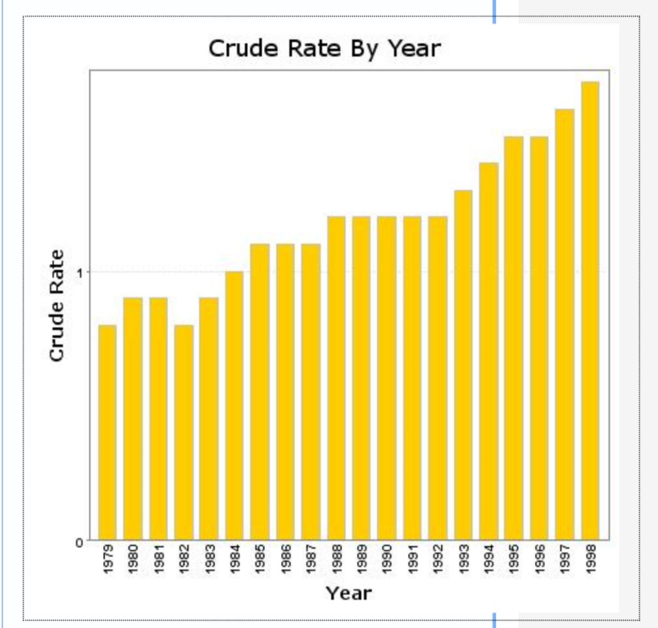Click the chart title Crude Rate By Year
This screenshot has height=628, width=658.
coord(324,48)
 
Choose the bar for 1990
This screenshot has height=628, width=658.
coord(387,378)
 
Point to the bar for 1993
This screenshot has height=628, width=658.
coord(463,365)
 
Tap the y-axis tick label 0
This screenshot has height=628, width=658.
coord(79,542)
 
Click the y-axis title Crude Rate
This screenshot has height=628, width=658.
coord(57,306)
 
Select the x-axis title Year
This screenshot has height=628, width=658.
coord(349,593)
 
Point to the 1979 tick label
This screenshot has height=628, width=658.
coord(108,559)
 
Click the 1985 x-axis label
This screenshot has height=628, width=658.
coord(260,559)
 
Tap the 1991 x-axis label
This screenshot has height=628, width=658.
coord(412,559)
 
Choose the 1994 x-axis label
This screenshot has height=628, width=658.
coord(488,559)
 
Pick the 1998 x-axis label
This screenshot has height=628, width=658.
coord(590,559)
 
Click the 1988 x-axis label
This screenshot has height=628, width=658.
coord(336,559)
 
